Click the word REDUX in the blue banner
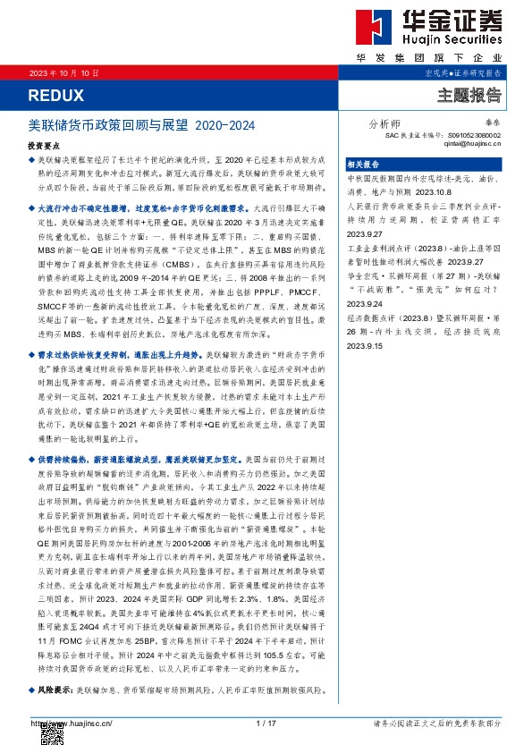pyautogui.click(x=55, y=95)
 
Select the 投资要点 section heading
pyautogui.click(x=45, y=144)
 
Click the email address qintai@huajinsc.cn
pyautogui.click(x=472, y=142)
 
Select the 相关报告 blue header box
pyautogui.click(x=363, y=164)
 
